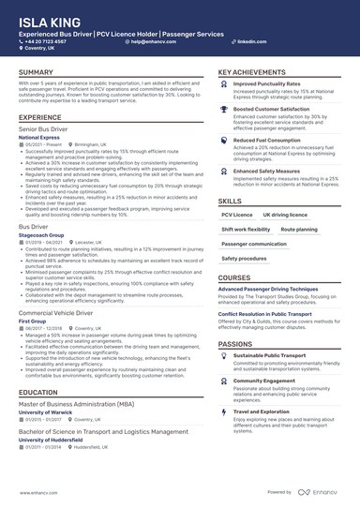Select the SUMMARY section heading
[36, 73]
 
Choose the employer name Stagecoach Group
[42, 233]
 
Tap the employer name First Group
[33, 320]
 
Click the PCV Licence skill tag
[235, 215]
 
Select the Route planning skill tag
[299, 229]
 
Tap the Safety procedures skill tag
[244, 258]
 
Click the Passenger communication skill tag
[254, 244]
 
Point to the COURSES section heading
[234, 278]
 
